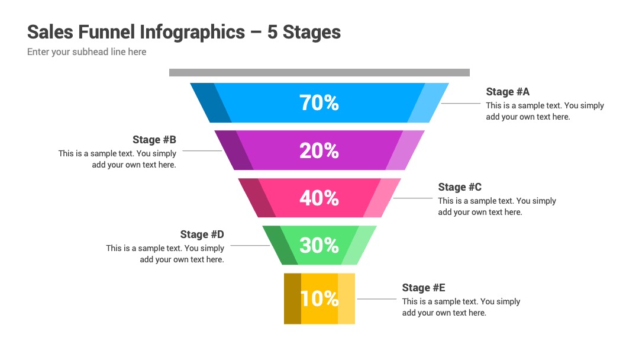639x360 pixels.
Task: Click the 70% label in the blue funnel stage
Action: tap(319, 103)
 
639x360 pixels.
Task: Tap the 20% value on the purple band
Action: tap(319, 150)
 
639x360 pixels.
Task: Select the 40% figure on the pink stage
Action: tap(319, 198)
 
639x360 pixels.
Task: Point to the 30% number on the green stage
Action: tap(319, 246)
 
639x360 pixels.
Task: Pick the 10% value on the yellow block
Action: tap(319, 299)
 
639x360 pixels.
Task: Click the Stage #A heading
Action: tap(508, 92)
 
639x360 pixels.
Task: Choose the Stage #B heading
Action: tap(154, 139)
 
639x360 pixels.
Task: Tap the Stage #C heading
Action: tap(460, 187)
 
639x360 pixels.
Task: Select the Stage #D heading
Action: tap(202, 234)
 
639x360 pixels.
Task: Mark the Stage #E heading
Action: tap(424, 288)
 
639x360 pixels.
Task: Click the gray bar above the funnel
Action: tap(319, 73)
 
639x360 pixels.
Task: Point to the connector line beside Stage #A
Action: tap(460, 103)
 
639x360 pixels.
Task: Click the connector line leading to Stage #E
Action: tap(376, 299)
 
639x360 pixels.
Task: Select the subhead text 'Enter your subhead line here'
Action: tap(87, 52)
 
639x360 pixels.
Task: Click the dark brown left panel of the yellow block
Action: tap(293, 299)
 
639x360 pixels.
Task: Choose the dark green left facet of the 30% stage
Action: tap(280, 246)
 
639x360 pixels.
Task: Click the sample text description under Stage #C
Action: tap(497, 206)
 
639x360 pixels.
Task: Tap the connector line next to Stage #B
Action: tap(202, 151)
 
